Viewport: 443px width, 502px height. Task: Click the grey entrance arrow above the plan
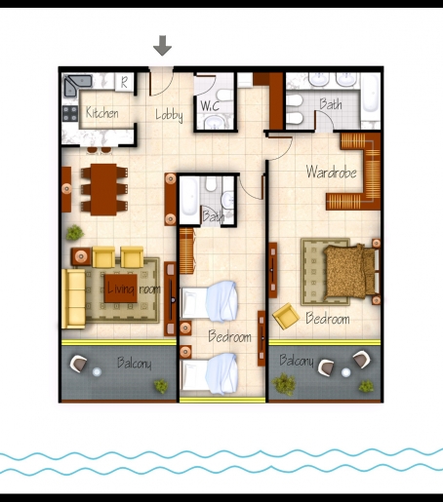162,45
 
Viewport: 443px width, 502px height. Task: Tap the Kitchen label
101,112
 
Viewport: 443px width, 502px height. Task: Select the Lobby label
169,115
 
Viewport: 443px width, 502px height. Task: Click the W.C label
210,106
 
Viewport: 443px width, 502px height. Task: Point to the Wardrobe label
331,172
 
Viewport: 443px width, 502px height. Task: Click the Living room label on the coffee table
134,289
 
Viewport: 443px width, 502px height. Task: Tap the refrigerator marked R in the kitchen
124,82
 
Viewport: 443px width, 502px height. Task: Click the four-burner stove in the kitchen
70,113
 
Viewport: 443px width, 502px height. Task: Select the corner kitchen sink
77,85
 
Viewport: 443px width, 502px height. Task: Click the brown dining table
103,189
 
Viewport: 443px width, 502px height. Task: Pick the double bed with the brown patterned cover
349,271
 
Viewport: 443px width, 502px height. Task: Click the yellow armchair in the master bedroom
286,316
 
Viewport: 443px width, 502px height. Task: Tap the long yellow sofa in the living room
73,298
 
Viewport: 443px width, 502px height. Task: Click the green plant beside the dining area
75,233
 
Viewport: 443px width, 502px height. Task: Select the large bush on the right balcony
284,384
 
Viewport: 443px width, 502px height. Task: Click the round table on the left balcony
97,371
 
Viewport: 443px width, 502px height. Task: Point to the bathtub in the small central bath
189,197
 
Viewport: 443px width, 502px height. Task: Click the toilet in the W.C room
223,95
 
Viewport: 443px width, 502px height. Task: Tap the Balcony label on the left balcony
135,363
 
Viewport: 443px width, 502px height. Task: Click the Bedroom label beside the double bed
328,319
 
